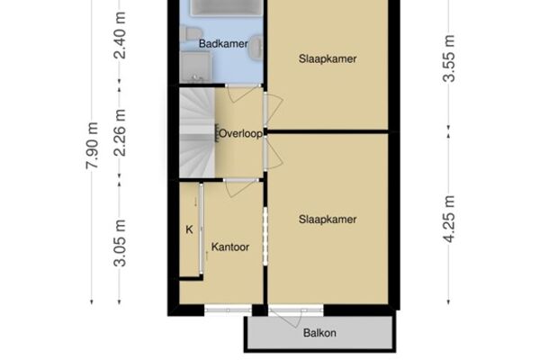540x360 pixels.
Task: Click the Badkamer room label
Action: [223, 44]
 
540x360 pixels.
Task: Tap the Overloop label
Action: [240, 133]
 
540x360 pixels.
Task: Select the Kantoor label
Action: [230, 247]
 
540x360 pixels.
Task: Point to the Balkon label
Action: [319, 333]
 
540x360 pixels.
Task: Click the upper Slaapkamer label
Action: [328, 58]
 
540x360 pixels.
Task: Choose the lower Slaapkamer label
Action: [328, 220]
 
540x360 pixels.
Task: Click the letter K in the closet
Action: [189, 229]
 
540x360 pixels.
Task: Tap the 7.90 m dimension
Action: [92, 146]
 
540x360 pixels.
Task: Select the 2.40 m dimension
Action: [120, 35]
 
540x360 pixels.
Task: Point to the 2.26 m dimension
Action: [120, 132]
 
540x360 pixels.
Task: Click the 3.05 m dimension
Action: [120, 243]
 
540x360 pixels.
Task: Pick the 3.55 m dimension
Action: [449, 58]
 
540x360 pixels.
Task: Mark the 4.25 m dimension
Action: [449, 219]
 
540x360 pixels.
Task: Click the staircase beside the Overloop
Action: [197, 132]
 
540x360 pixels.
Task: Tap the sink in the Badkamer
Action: [256, 49]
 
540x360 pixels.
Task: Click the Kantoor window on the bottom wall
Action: [228, 310]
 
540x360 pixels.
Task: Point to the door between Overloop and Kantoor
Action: [240, 187]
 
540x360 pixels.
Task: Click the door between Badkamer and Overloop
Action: [244, 93]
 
